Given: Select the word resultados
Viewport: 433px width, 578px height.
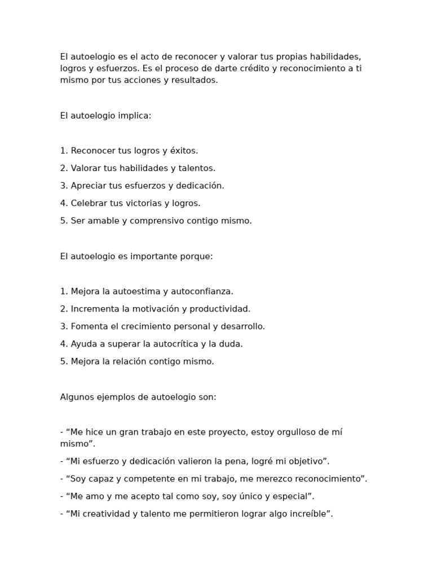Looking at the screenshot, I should [x=195, y=80].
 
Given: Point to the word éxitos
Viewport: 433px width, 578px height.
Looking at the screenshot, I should [x=184, y=151].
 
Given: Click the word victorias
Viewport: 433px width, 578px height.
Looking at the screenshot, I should [x=144, y=203].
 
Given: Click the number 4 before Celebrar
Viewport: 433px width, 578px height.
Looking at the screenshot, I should [x=63, y=203].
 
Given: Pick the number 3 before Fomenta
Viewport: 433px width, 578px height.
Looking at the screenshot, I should [x=63, y=326].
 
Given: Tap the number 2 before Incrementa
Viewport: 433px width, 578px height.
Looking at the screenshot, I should [x=63, y=309].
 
